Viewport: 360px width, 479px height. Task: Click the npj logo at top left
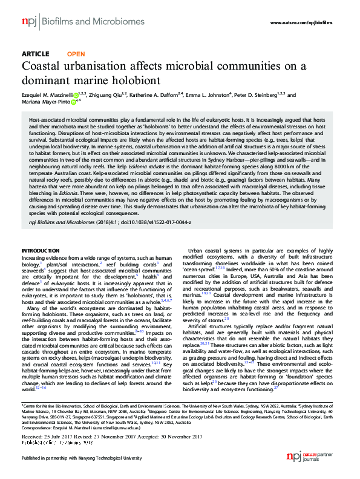coord(28,22)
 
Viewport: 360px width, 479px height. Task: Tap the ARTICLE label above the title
coord(35,54)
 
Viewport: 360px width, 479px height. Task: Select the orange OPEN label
coord(71,54)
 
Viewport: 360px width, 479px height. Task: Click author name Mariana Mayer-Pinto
coord(45,102)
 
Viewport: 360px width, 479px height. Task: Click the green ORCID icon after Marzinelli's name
coord(76,96)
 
